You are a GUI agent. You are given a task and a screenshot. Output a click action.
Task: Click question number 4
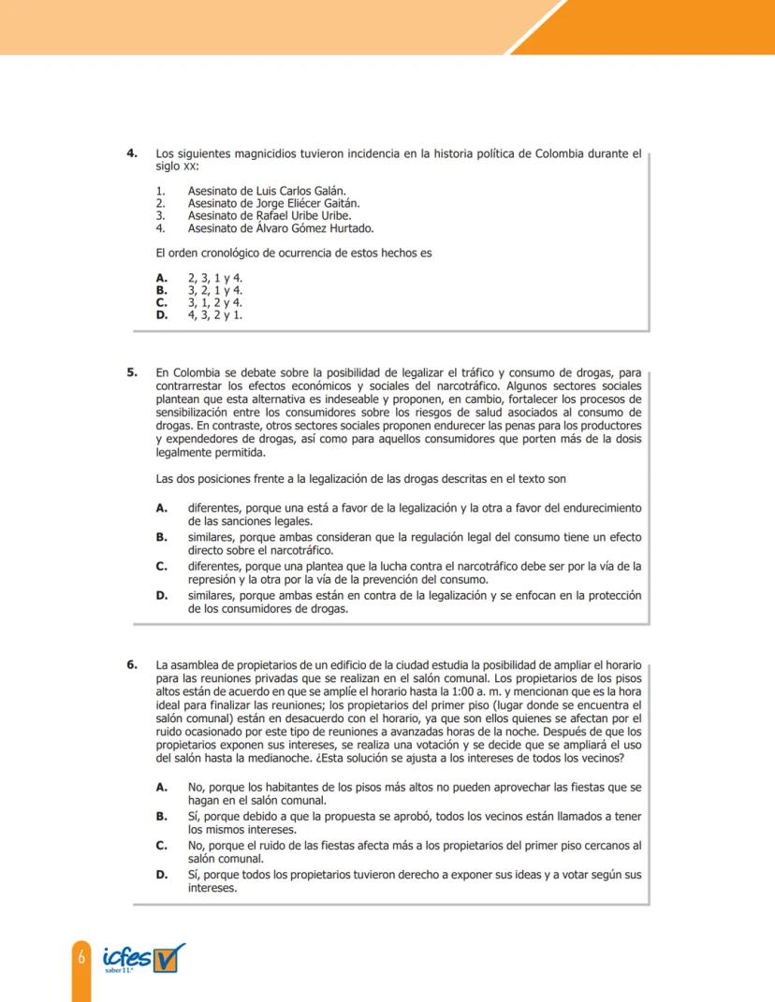click(132, 153)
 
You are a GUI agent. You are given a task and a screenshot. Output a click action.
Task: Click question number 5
click(132, 372)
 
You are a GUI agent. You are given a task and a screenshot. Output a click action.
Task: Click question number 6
click(132, 665)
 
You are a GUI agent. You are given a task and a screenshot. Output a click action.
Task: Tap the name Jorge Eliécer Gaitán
click(306, 203)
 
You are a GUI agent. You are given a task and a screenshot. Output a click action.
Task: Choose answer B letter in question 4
click(161, 290)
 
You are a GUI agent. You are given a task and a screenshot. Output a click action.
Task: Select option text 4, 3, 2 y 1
click(214, 314)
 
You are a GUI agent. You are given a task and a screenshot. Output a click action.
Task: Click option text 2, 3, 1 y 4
click(214, 278)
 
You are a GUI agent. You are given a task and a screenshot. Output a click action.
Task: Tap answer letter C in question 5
click(161, 566)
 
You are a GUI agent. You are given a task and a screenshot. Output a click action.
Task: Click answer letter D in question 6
click(161, 876)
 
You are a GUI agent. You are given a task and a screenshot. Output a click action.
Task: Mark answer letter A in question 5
click(161, 508)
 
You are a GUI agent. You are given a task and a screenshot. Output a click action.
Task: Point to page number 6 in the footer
click(81, 957)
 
